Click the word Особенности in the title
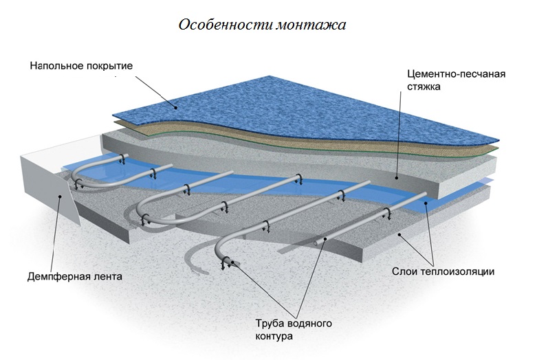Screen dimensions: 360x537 click(219, 25)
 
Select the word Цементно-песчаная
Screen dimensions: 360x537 click(449, 74)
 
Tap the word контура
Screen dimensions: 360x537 click(274, 337)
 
